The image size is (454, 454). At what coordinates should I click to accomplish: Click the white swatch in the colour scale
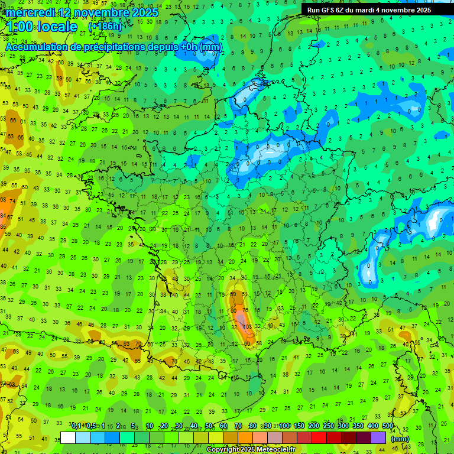[x=68, y=438]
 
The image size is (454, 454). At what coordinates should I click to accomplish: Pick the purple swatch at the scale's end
[x=378, y=438]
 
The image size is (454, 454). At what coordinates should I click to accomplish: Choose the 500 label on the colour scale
[x=388, y=426]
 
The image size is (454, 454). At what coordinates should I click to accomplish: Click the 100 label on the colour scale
[x=284, y=426]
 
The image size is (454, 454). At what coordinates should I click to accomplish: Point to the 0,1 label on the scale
[x=76, y=426]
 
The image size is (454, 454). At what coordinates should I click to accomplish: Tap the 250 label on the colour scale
[x=329, y=426]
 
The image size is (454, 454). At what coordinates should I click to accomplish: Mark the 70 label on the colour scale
[x=238, y=426]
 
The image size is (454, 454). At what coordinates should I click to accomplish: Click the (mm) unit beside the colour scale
[x=400, y=439]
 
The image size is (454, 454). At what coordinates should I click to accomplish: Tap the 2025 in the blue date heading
[x=144, y=12]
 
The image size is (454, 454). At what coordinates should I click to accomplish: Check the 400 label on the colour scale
[x=373, y=426]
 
